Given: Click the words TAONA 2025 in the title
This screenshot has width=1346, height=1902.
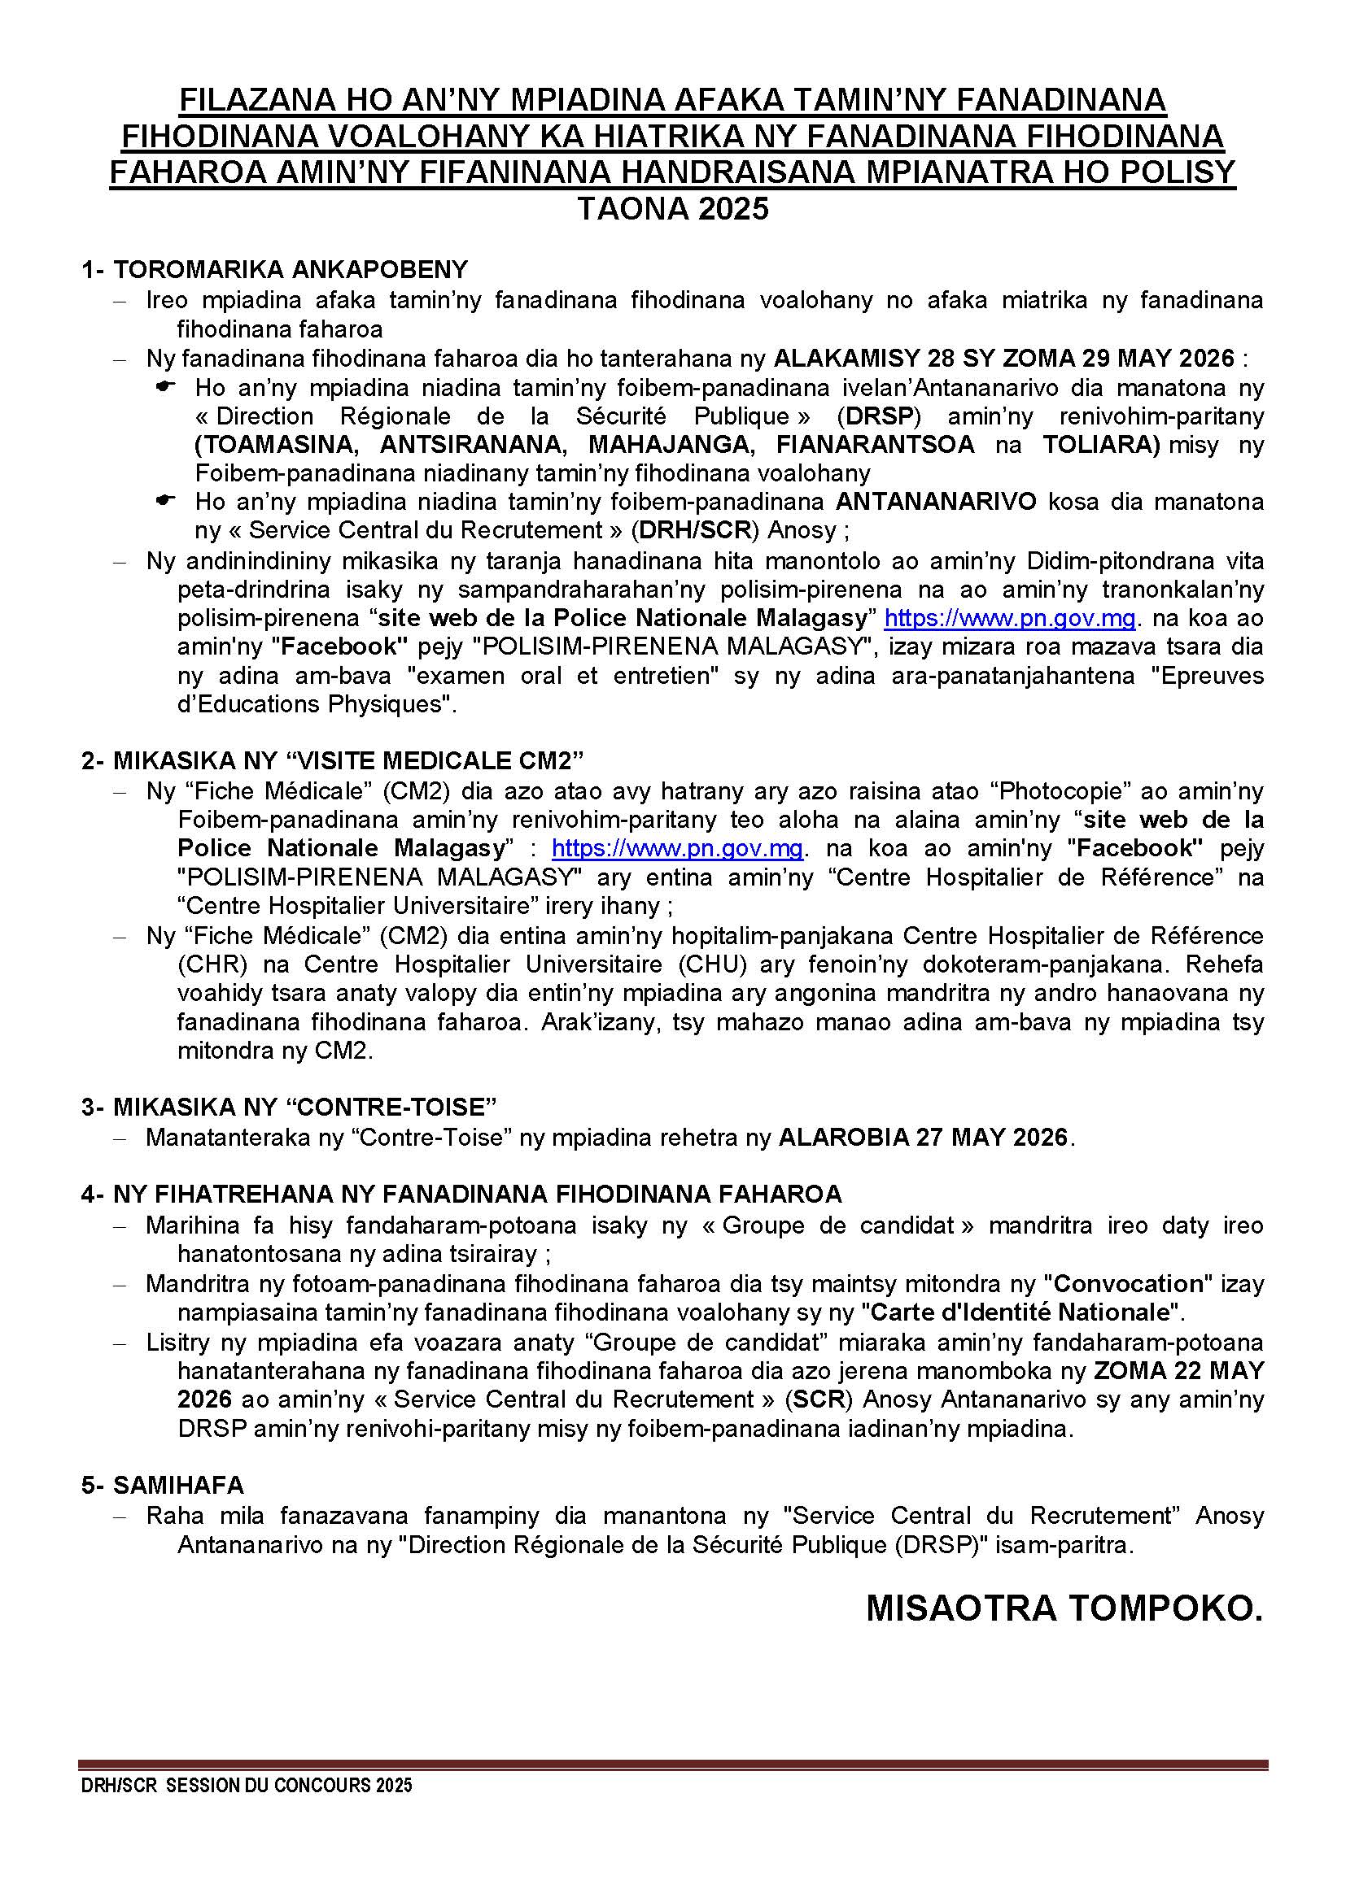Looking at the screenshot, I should (x=672, y=209).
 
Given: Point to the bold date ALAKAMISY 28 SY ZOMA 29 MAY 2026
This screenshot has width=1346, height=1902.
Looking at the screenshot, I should (x=1003, y=359).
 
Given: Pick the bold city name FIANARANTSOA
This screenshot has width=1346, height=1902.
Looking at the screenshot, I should (x=876, y=445).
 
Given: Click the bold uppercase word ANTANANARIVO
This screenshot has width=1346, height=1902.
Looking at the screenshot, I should (x=936, y=502).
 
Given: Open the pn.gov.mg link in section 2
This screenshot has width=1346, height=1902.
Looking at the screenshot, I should (x=677, y=848).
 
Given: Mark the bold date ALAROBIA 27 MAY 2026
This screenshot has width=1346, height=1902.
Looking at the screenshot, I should (x=923, y=1138).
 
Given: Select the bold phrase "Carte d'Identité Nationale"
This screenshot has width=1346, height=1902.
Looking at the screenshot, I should (x=1021, y=1312).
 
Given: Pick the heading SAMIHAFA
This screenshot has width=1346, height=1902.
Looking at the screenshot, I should (x=178, y=1486).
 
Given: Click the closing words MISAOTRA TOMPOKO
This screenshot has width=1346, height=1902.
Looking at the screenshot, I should (x=1064, y=1608).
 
